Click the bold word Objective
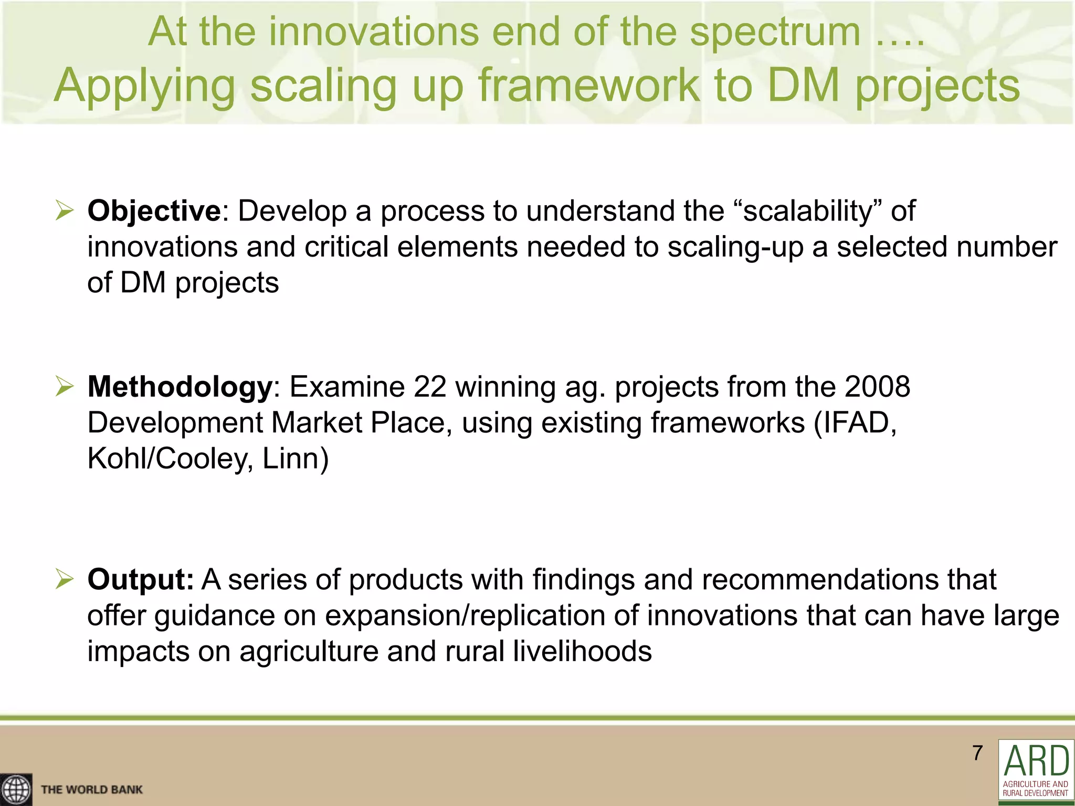click(154, 211)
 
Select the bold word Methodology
click(180, 387)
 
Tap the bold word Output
click(140, 580)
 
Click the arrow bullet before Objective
click(65, 211)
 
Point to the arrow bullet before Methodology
click(65, 387)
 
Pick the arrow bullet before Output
click(65, 580)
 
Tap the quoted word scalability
click(808, 211)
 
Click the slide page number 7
click(977, 753)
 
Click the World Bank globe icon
click(16, 789)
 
